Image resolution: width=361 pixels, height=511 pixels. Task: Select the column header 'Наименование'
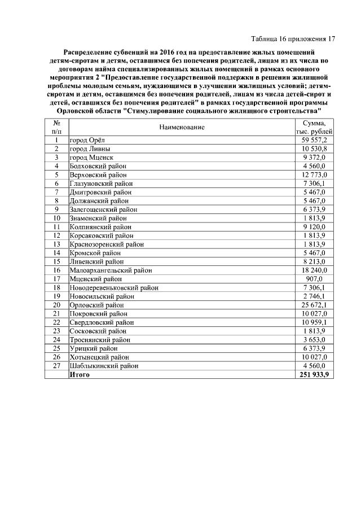[x=182, y=128]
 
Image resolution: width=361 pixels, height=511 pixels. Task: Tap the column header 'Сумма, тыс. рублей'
[x=314, y=128]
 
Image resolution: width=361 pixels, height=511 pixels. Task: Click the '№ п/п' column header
[x=56, y=128]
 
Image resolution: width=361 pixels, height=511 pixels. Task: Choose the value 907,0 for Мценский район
[x=319, y=279]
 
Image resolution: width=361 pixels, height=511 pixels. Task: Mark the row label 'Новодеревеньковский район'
[x=113, y=288]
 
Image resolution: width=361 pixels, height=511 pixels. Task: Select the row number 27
[x=56, y=366]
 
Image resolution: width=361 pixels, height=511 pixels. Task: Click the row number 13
[x=56, y=244]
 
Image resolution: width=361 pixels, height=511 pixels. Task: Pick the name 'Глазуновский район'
[x=101, y=184]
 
